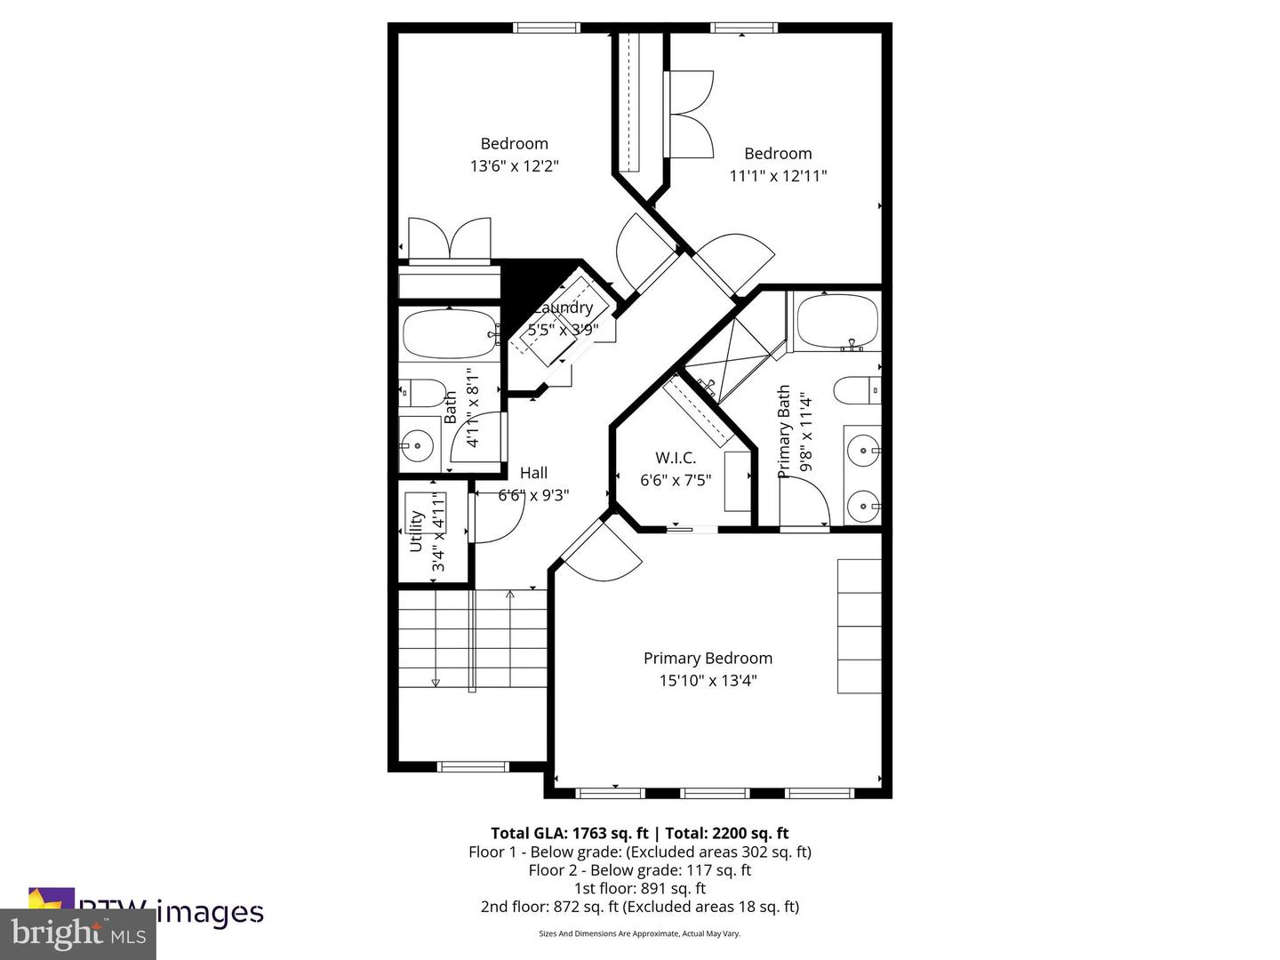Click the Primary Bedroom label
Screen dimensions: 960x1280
click(x=708, y=658)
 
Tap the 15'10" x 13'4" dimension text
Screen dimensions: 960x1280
click(x=708, y=681)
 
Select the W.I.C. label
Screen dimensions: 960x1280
click(x=676, y=458)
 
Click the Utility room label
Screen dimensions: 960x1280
click(x=416, y=531)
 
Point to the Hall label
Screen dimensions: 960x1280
click(x=533, y=473)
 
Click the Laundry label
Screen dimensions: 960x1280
click(x=564, y=308)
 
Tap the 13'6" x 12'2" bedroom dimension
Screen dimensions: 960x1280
click(x=514, y=166)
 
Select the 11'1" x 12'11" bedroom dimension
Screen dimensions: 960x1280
click(x=778, y=176)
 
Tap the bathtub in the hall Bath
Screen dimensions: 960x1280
click(x=450, y=334)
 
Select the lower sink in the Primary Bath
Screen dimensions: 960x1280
click(x=862, y=507)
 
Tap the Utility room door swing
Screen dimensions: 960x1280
click(x=492, y=517)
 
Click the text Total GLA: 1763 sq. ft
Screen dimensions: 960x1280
click(x=569, y=833)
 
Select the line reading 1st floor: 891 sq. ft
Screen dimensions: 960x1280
click(x=639, y=888)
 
